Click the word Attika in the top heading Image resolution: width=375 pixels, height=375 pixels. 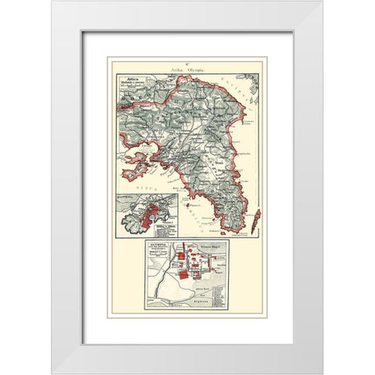click(177, 69)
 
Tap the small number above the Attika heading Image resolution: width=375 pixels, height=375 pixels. click(187, 62)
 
